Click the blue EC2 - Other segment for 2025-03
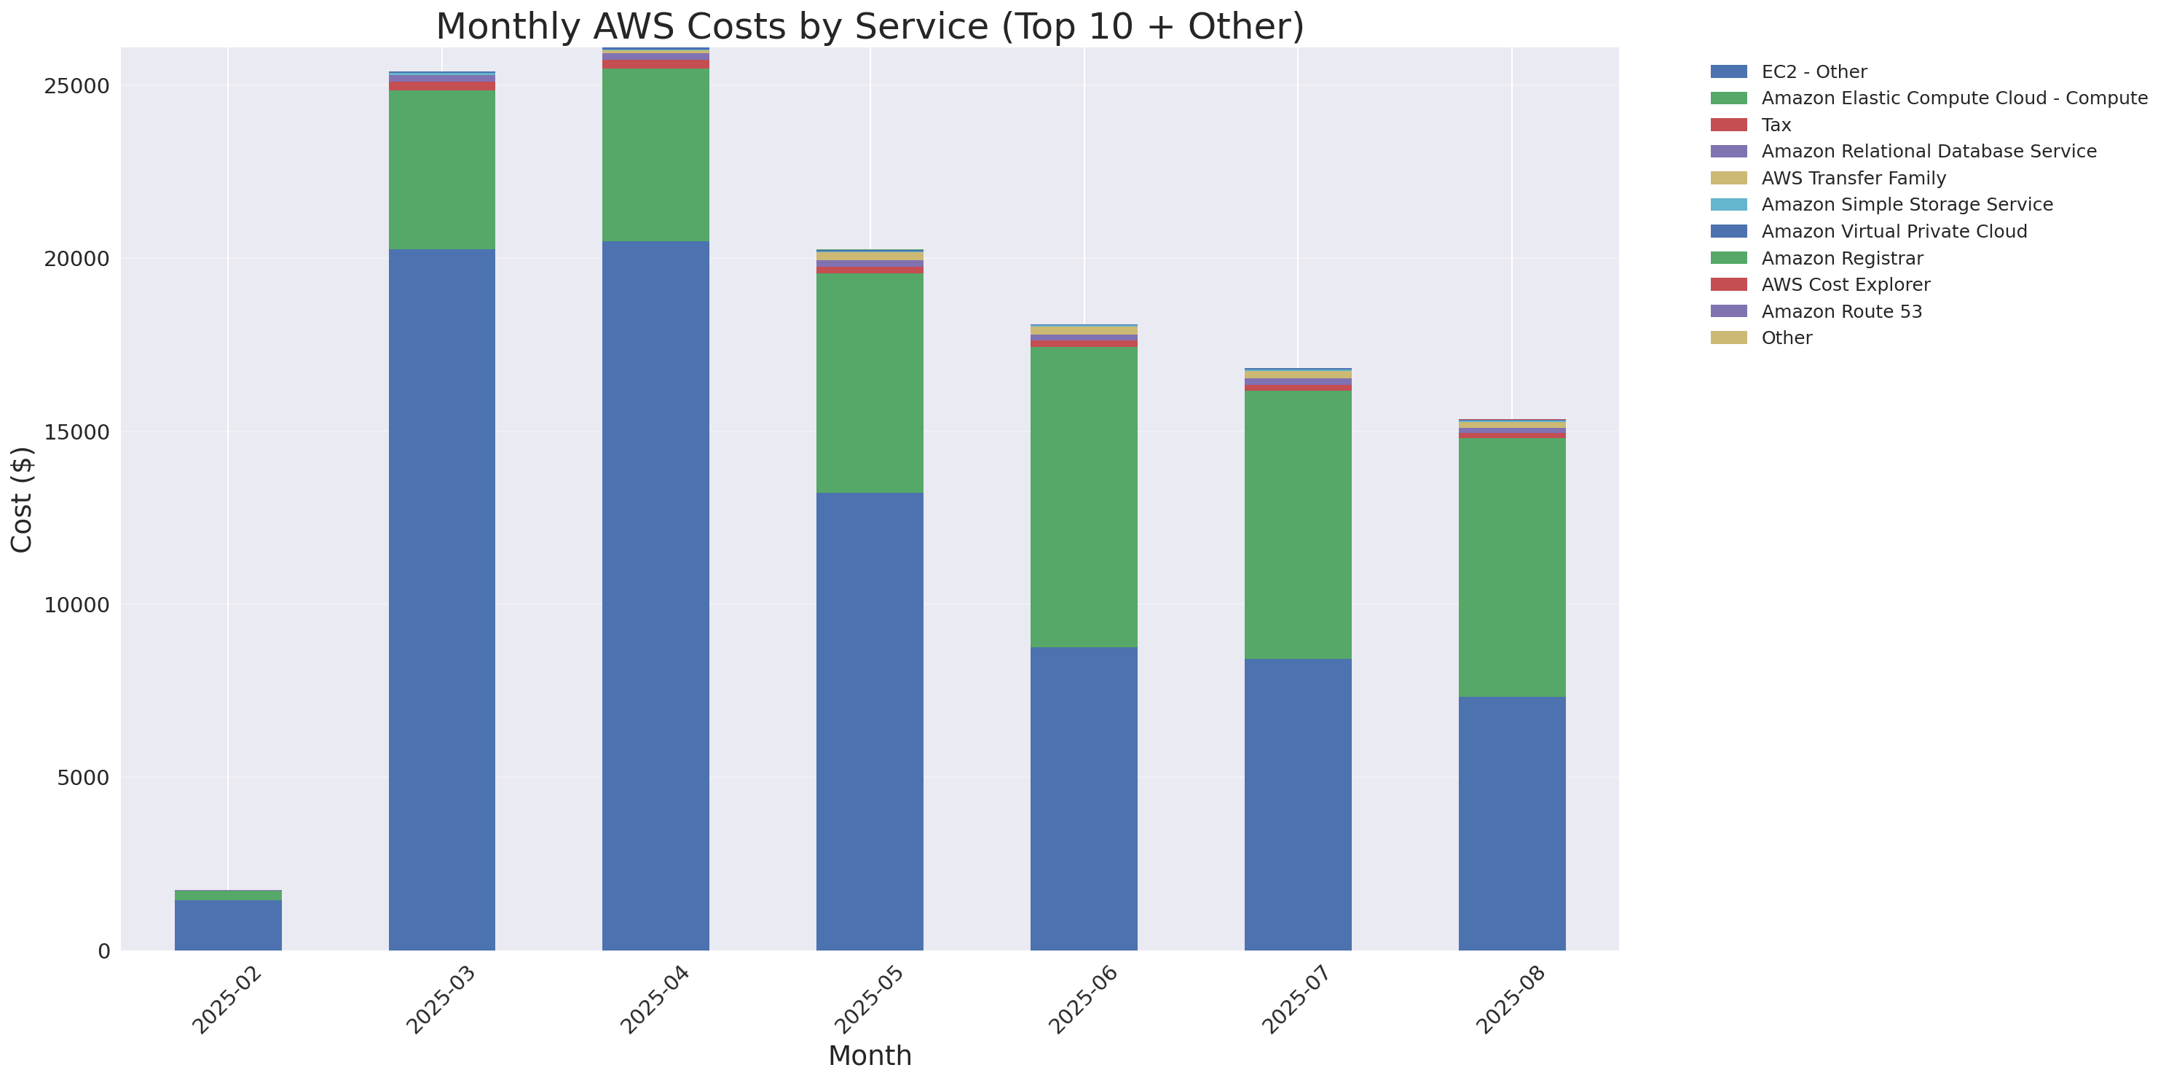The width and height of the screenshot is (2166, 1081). [441, 599]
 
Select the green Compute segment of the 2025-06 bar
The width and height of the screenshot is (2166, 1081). [1083, 496]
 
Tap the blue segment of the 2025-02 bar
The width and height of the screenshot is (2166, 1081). [228, 924]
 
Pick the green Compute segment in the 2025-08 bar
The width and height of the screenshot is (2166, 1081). [1511, 567]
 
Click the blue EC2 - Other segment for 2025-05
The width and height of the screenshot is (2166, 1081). [870, 721]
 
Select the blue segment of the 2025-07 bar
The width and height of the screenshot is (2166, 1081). [1297, 804]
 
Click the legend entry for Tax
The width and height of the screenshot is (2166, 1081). [1775, 125]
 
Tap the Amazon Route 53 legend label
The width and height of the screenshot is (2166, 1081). [1840, 311]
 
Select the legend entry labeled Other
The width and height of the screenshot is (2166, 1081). [1786, 338]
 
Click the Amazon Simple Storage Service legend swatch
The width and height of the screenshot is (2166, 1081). [1729, 204]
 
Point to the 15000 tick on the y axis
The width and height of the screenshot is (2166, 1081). [76, 432]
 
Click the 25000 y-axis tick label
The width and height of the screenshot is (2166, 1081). [76, 87]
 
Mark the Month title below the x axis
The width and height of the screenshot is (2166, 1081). [870, 1055]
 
